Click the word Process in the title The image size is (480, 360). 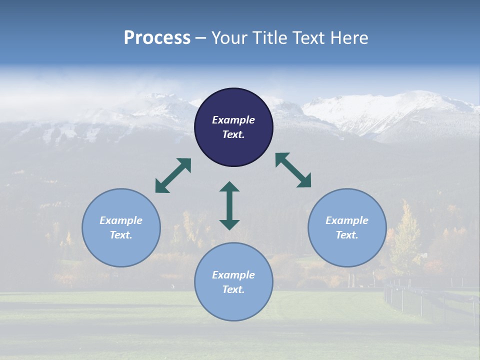(x=157, y=38)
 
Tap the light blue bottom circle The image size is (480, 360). (x=233, y=305)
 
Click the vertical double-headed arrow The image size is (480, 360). (x=229, y=205)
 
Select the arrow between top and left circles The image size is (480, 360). (x=173, y=175)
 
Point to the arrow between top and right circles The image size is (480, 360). (x=293, y=170)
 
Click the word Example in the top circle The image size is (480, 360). (x=233, y=120)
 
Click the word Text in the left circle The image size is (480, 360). (x=121, y=235)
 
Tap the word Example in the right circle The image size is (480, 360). (x=347, y=220)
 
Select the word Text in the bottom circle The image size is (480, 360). (x=233, y=289)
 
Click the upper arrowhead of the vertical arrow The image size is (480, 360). (x=229, y=187)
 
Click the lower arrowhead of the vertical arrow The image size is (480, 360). (x=229, y=224)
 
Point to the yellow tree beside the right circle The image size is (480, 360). (x=406, y=235)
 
